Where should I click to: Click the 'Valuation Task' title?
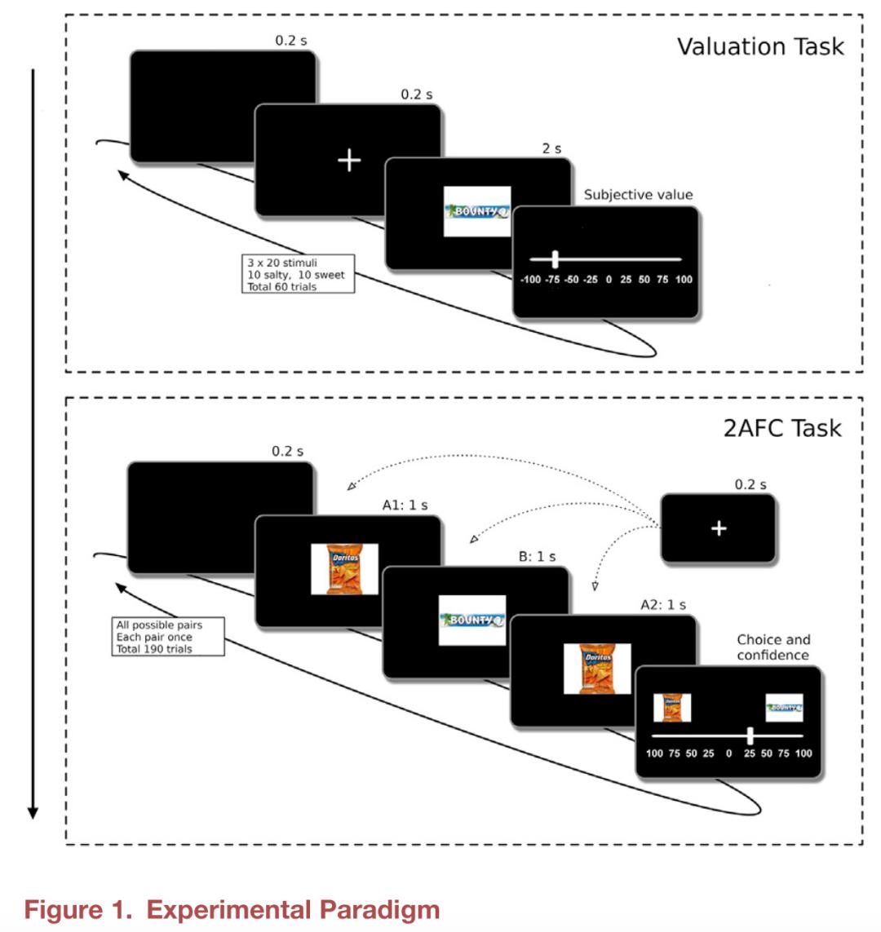[760, 46]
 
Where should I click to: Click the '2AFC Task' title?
[781, 428]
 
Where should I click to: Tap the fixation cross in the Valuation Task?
[349, 161]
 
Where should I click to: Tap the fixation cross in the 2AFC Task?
[719, 528]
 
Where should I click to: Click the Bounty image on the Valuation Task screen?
[477, 211]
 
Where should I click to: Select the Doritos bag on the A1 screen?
[344, 569]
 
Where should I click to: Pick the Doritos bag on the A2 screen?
[597, 669]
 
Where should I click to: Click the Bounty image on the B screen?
[472, 621]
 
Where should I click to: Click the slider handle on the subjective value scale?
[555, 259]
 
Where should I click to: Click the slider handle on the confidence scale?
[750, 735]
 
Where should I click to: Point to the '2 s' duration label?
[551, 148]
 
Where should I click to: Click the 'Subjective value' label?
[638, 195]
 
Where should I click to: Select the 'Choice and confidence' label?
[773, 647]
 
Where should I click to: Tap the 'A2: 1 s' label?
[662, 605]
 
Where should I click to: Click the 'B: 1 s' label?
[537, 557]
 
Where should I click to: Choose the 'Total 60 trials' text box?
[299, 276]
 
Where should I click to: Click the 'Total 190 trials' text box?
[168, 637]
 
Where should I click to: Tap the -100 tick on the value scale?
[530, 280]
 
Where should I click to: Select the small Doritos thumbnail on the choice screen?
[672, 708]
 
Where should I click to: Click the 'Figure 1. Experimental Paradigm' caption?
[232, 909]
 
